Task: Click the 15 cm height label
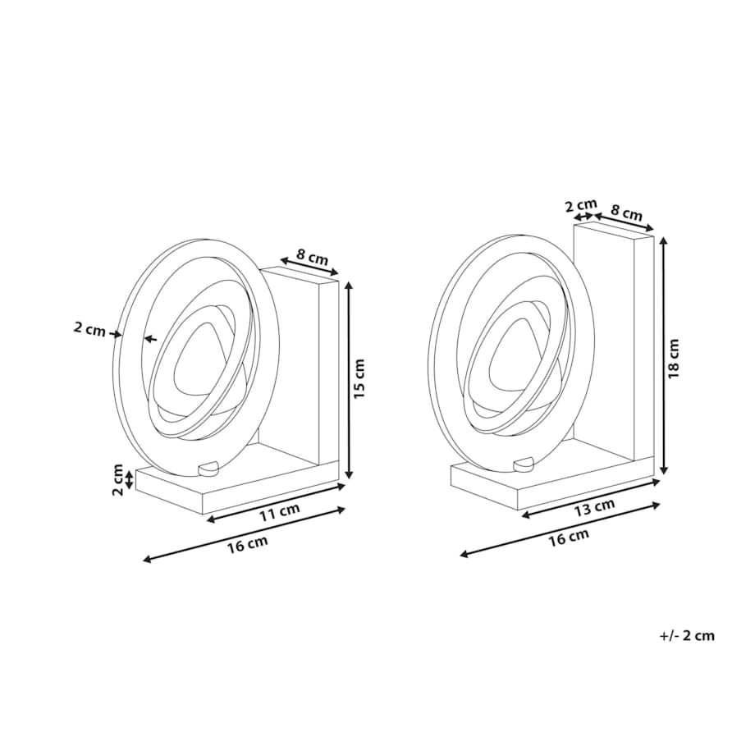pyautogui.click(x=360, y=378)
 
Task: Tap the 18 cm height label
pyautogui.click(x=674, y=359)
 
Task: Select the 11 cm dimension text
pyautogui.click(x=280, y=512)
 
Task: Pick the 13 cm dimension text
pyautogui.click(x=595, y=507)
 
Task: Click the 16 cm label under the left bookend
pyautogui.click(x=248, y=544)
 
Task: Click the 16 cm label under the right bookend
pyautogui.click(x=569, y=538)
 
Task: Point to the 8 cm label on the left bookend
pyautogui.click(x=312, y=257)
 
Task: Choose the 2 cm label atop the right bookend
pyautogui.click(x=581, y=206)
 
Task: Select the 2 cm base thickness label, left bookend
pyautogui.click(x=118, y=479)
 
